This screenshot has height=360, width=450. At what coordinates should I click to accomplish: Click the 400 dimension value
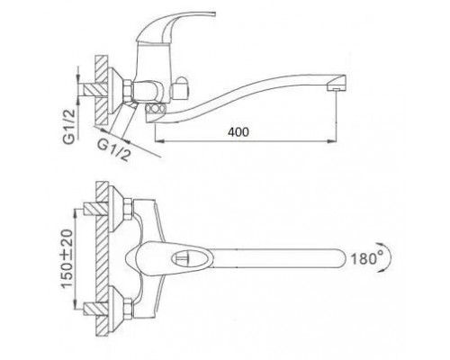click(238, 132)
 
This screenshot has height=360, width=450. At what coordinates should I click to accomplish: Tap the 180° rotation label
click(367, 258)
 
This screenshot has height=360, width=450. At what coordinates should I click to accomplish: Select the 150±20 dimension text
click(67, 258)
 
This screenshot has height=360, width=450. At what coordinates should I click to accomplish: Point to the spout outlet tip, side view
click(337, 88)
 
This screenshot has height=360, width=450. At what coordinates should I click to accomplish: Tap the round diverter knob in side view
click(181, 88)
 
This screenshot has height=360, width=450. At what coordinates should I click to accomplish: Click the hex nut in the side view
click(127, 89)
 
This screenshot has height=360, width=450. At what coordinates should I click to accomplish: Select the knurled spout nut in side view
click(155, 108)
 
